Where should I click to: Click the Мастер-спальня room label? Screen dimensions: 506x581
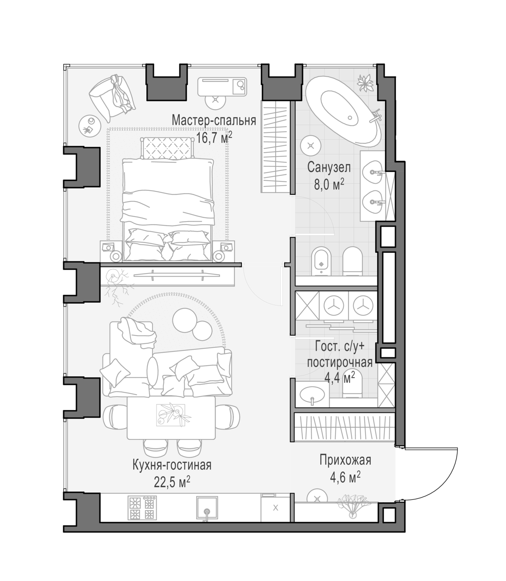pos(214,120)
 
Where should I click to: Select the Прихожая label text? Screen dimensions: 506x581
pos(345,460)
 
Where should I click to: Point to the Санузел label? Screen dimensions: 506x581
pos(329,168)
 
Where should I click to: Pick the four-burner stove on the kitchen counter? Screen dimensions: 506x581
pos(142,508)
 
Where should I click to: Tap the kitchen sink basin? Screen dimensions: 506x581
pos(207,508)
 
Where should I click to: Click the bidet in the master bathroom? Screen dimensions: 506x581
pos(321,261)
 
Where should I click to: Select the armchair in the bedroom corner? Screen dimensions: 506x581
pos(112,96)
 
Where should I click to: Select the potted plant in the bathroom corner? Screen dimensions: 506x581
pos(366,83)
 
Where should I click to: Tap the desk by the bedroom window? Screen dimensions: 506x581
pos(222,87)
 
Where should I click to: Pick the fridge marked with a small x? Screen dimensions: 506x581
pos(275,508)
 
